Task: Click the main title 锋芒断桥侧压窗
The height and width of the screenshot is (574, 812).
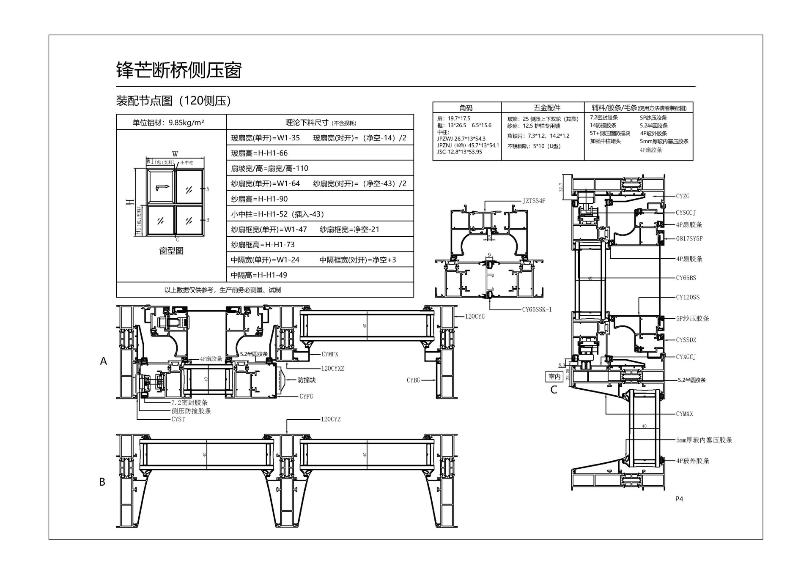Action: tap(179, 70)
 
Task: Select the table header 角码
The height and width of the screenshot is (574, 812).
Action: tap(466, 108)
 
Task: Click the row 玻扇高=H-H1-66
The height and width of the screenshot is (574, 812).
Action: tap(259, 153)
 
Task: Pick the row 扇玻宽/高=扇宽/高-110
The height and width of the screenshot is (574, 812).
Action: tap(269, 168)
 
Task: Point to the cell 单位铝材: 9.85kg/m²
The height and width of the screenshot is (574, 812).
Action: tap(168, 123)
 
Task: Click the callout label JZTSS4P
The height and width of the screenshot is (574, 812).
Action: tap(534, 201)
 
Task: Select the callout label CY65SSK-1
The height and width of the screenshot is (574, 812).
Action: tap(537, 309)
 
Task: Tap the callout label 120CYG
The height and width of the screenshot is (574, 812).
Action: tap(475, 316)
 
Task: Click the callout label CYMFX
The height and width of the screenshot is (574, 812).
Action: tap(330, 354)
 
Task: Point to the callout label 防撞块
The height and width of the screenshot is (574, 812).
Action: tap(307, 380)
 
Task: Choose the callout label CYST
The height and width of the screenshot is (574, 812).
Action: tap(178, 419)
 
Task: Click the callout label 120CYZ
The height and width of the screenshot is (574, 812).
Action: tap(330, 419)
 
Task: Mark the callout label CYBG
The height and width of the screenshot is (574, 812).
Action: tap(413, 380)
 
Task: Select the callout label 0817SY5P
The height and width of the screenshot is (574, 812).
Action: tap(689, 238)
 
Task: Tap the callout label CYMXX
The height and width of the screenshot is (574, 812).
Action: tap(684, 414)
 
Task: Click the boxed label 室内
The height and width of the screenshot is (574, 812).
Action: tap(554, 376)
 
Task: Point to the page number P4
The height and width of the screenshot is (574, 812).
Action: tap(679, 499)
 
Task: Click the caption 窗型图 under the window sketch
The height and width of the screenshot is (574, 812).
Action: tap(171, 251)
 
